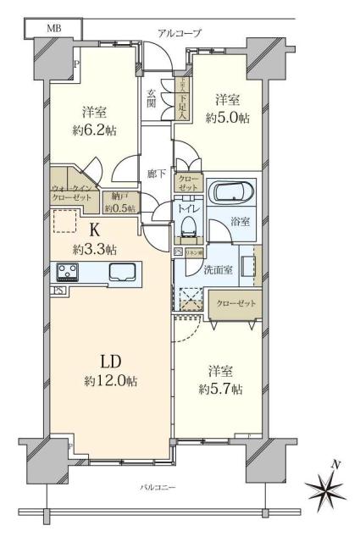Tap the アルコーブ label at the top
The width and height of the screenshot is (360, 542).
[180, 33]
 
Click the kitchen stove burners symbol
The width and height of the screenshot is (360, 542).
[67, 272]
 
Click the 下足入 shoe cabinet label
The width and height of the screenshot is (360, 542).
[182, 98]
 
